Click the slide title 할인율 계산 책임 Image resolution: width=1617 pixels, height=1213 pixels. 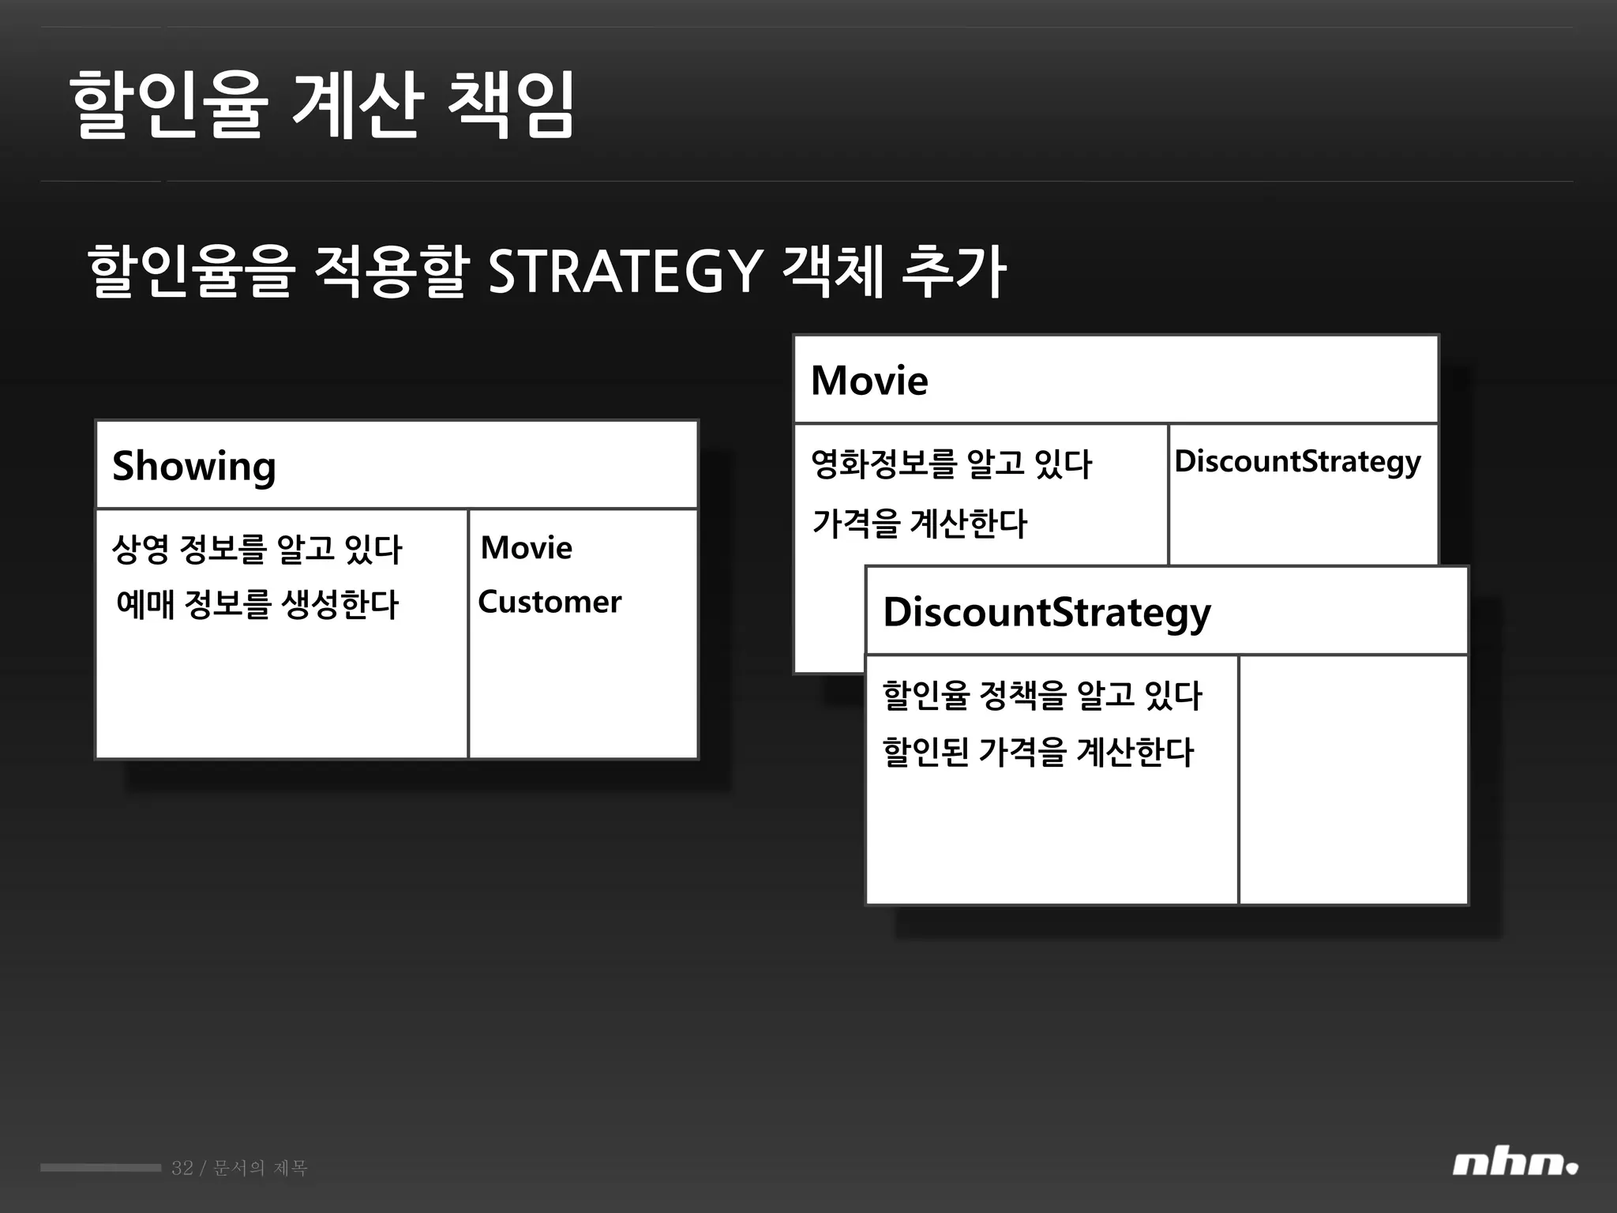coord(322,104)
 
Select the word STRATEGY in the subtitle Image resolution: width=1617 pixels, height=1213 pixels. coord(625,272)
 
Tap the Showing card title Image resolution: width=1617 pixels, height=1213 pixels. coord(194,466)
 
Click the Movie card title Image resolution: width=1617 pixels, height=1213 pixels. coord(869,381)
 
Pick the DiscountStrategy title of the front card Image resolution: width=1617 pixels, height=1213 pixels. coord(1046,613)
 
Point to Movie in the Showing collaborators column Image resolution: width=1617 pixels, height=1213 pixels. coord(527,548)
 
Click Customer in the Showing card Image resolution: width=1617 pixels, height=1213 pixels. coord(550,602)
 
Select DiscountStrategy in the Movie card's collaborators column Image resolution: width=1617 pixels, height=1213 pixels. coord(1297,461)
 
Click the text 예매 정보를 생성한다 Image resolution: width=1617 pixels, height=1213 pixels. coord(257,605)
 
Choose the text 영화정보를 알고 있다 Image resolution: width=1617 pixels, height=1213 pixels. coord(951,464)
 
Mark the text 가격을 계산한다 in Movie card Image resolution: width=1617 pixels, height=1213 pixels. coord(920,523)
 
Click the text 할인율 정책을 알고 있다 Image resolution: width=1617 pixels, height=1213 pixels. coord(1041,696)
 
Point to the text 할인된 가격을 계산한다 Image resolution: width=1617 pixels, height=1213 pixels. coord(1037,752)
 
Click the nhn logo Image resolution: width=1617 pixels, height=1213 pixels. coord(1514,1163)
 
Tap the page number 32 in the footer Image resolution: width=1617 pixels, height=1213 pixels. coord(182,1168)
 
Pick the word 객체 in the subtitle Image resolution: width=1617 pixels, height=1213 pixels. coord(832,272)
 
